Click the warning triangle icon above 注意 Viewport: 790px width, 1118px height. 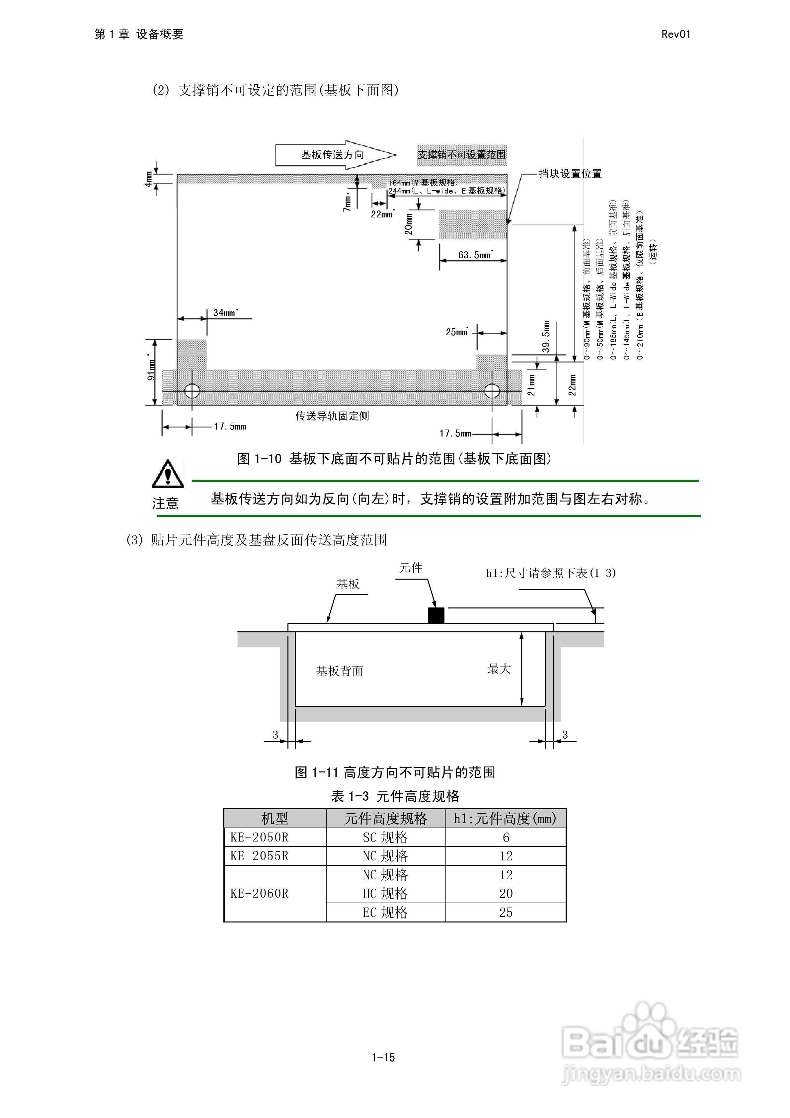168,473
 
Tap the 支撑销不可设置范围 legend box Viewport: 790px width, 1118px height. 461,155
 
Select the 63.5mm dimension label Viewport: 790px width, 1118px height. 475,255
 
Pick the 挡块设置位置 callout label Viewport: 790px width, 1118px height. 570,174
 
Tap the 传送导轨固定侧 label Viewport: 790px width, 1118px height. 332,416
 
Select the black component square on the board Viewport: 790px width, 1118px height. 436,615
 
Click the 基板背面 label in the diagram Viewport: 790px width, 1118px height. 340,671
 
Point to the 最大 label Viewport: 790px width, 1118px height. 499,669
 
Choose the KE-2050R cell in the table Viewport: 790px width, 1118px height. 260,837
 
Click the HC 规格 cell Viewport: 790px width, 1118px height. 385,894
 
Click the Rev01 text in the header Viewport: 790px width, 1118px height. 675,34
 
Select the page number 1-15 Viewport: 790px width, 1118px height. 383,1057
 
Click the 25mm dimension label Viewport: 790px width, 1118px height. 456,332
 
